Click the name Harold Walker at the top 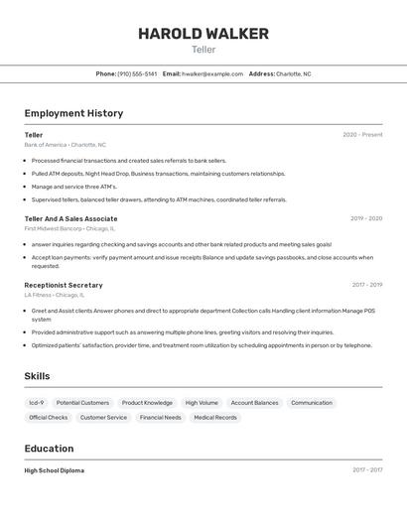pyautogui.click(x=203, y=34)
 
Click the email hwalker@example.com pyautogui.click(x=211, y=73)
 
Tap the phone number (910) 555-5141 pyautogui.click(x=137, y=73)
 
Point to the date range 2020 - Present pyautogui.click(x=362, y=134)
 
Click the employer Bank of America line pyautogui.click(x=65, y=145)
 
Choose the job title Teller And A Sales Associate pyautogui.click(x=70, y=218)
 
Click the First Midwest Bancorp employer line pyautogui.click(x=70, y=228)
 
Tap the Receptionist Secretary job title pyautogui.click(x=64, y=285)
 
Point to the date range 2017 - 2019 pyautogui.click(x=366, y=285)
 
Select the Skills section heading pyautogui.click(x=37, y=376)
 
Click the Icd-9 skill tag pyautogui.click(x=37, y=403)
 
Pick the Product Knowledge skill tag pyautogui.click(x=147, y=403)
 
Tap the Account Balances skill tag pyautogui.click(x=254, y=403)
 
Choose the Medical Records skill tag pyautogui.click(x=215, y=418)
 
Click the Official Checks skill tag pyautogui.click(x=49, y=418)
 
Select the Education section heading pyautogui.click(x=49, y=449)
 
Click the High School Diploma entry pyautogui.click(x=55, y=470)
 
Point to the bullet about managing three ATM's pyautogui.click(x=74, y=187)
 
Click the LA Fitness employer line pyautogui.click(x=55, y=295)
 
